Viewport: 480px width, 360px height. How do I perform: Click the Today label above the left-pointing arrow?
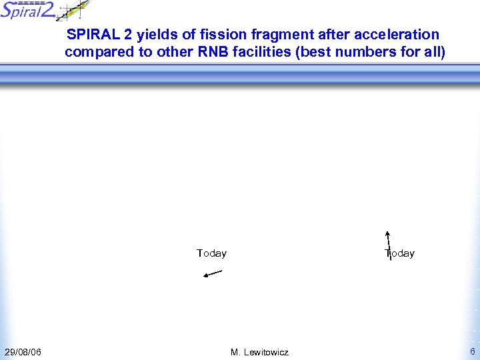pyautogui.click(x=211, y=253)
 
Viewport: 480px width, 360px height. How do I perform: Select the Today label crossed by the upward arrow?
pyautogui.click(x=400, y=253)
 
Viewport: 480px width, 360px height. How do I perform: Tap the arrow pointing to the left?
pyautogui.click(x=213, y=273)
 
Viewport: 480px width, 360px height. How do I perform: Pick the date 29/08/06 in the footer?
pyautogui.click(x=23, y=352)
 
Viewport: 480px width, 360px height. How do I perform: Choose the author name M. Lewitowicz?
pyautogui.click(x=259, y=352)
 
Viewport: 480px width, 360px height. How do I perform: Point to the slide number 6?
pyautogui.click(x=472, y=351)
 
